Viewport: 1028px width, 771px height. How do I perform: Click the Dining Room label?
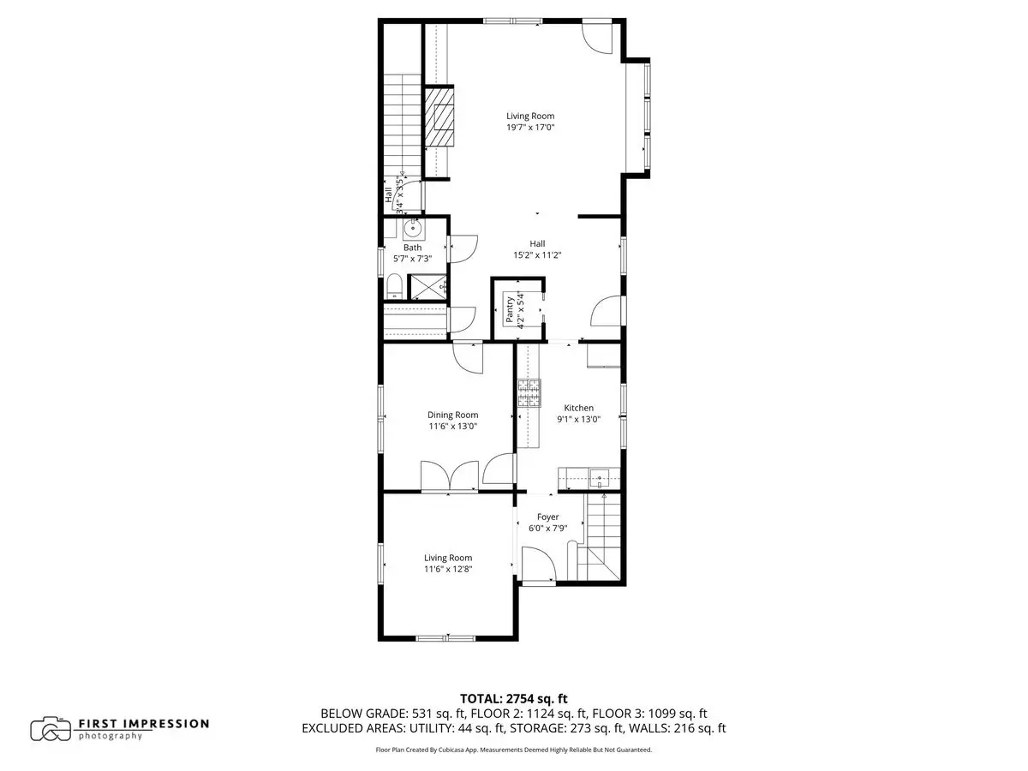[452, 415]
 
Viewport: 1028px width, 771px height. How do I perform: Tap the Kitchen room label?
[578, 408]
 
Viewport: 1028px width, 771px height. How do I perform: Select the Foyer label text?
[547, 517]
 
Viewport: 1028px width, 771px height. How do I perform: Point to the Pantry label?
[510, 309]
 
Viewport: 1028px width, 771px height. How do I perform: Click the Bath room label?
[412, 248]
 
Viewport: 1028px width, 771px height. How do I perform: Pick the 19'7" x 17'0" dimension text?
[530, 127]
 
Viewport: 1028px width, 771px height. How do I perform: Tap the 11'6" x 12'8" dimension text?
[448, 569]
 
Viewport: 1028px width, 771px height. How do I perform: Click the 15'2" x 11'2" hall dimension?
[537, 255]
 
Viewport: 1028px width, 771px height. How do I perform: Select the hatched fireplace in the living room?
[439, 117]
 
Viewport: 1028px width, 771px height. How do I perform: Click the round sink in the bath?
[413, 230]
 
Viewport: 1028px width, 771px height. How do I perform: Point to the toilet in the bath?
[394, 285]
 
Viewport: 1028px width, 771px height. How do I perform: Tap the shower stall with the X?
[427, 287]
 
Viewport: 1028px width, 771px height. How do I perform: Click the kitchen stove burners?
[529, 392]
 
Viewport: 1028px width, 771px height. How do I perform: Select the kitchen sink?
[599, 478]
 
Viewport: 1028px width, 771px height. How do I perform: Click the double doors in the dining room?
[449, 475]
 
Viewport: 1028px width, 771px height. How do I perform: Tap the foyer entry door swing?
[539, 565]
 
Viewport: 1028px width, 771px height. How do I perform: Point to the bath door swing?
[463, 248]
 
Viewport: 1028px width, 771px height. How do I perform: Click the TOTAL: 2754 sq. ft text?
[513, 699]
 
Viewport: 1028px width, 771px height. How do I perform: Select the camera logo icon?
[50, 729]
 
